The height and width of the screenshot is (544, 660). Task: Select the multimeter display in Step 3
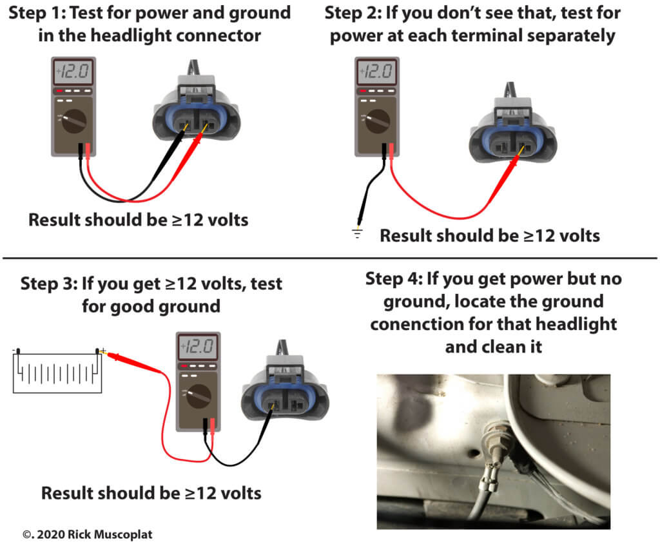pos(199,348)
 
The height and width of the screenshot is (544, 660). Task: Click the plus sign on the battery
pos(103,350)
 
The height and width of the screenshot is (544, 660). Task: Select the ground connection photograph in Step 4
pos(493,451)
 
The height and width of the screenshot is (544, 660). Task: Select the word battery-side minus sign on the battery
pos(14,351)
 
